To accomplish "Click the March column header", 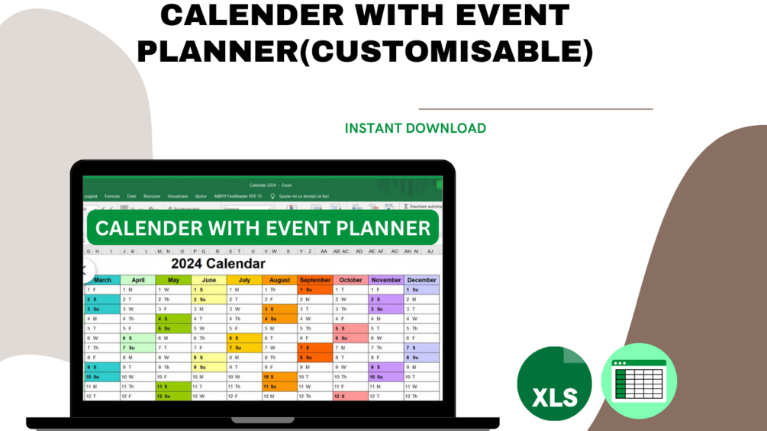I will (102, 280).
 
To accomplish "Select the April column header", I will (138, 280).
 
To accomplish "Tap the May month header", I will (173, 280).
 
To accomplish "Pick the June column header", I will (209, 280).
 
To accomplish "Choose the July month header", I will (244, 280).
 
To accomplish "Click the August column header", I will (279, 280).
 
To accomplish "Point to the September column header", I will (315, 280).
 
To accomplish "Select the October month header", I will (350, 280).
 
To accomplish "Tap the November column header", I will (386, 280).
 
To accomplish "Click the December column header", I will (421, 280).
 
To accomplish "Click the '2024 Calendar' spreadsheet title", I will (218, 264).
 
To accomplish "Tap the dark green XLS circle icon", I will (554, 384).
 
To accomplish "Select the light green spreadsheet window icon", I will (640, 381).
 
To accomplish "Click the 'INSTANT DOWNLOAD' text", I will (415, 128).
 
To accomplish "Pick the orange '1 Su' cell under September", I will (315, 290).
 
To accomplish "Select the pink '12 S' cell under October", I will (350, 397).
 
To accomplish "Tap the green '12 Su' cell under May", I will (173, 397).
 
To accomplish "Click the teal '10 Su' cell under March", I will (102, 377).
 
